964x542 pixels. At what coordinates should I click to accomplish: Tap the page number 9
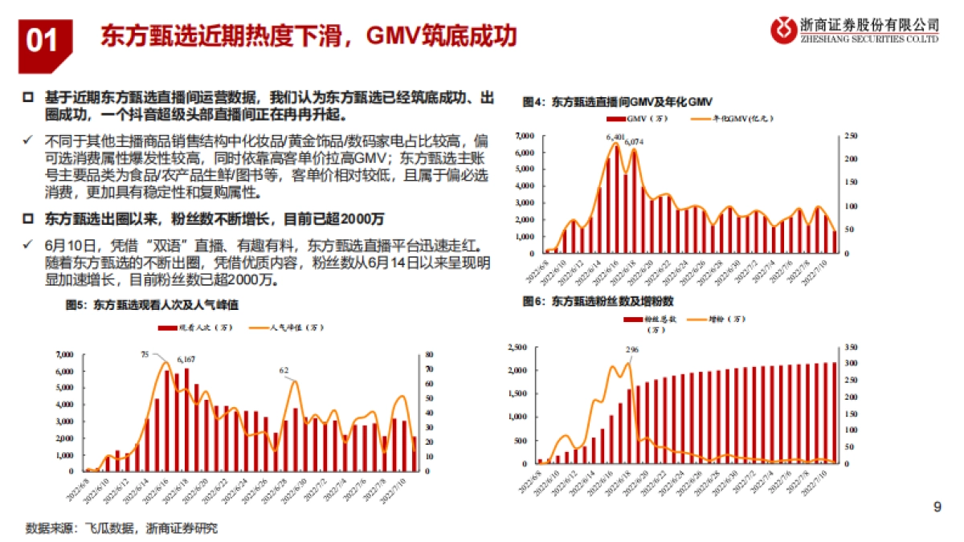click(937, 507)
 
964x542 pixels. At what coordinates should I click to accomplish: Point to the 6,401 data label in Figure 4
click(615, 137)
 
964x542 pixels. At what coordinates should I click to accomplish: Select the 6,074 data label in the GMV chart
click(634, 142)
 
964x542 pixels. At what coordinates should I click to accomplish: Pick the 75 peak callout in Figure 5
click(145, 354)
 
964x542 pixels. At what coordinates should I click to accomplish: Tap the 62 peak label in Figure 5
click(284, 371)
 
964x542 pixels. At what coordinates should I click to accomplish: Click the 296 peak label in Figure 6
click(631, 350)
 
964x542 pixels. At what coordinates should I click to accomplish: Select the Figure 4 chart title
click(617, 102)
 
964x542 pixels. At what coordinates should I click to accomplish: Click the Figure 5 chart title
click(152, 305)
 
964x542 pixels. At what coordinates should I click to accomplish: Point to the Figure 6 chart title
click(598, 300)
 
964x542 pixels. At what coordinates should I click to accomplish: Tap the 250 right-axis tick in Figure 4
click(849, 135)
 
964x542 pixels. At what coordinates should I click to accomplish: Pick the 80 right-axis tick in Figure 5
click(430, 354)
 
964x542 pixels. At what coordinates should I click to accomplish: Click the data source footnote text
click(121, 528)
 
